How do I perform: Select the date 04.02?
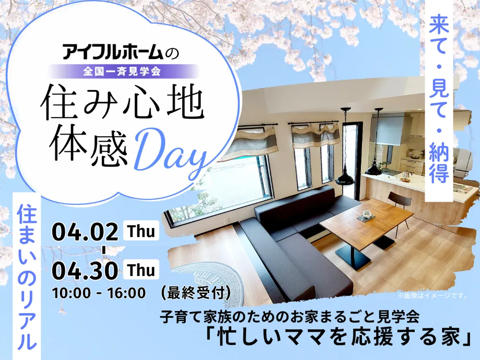pyautogui.click(x=85, y=231)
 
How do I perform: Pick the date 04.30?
pyautogui.click(x=85, y=270)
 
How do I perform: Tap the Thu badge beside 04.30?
pyautogui.click(x=141, y=269)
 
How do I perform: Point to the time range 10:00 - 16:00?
pyautogui.click(x=99, y=293)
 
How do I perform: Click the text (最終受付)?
pyautogui.click(x=195, y=293)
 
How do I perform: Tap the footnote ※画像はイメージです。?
pyautogui.click(x=432, y=296)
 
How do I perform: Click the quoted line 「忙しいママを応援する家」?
pyautogui.click(x=337, y=337)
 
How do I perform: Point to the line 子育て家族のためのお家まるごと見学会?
pyautogui.click(x=289, y=317)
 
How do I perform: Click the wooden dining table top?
pyautogui.click(x=366, y=217)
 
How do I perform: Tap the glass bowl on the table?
pyautogui.click(x=366, y=214)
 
